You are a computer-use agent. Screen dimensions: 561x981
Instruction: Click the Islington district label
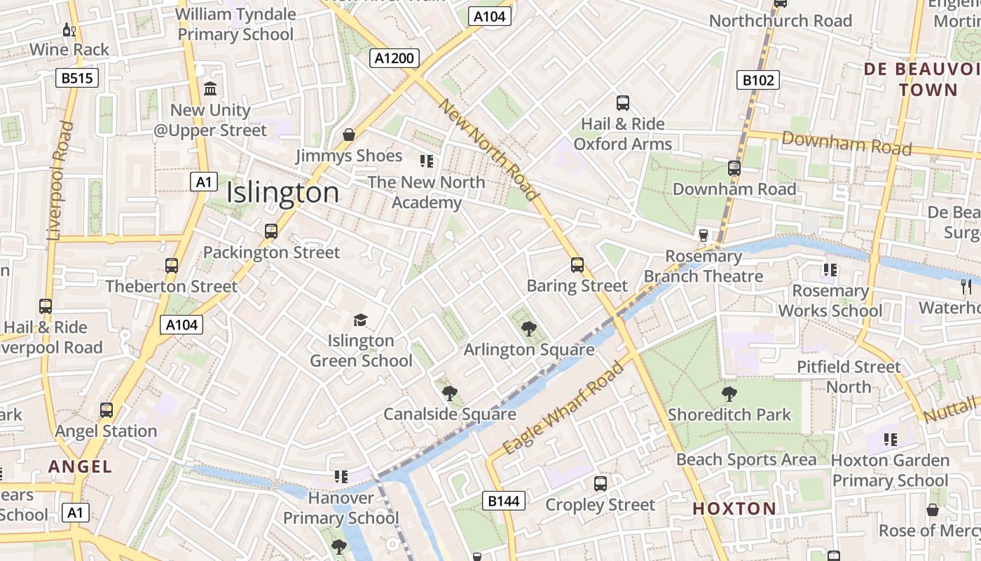[x=283, y=193]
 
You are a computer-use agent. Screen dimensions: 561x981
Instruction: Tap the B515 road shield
[x=76, y=78]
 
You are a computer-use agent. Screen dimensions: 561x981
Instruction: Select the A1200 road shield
[x=395, y=58]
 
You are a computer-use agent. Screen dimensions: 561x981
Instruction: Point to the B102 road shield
[x=758, y=80]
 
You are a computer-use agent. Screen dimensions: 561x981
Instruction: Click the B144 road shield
[x=503, y=501]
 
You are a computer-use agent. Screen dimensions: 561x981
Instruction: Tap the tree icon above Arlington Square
[x=529, y=328]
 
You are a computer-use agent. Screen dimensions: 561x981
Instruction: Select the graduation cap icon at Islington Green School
[x=360, y=320]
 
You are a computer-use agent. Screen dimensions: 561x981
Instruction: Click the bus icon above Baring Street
[x=577, y=265]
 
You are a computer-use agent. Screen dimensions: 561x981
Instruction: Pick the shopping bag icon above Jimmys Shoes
[x=348, y=135]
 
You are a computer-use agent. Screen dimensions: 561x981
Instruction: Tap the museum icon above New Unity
[x=210, y=89]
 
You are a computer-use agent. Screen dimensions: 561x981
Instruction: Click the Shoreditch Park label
[x=729, y=414]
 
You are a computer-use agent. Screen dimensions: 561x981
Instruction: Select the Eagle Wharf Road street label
[x=563, y=407]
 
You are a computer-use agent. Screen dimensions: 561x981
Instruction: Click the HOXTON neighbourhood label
[x=734, y=509]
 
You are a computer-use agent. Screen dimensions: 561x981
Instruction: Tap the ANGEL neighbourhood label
[x=80, y=466]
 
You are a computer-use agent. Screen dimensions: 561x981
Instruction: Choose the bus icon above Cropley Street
[x=601, y=484]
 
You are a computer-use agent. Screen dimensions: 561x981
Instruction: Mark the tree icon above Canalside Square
[x=449, y=393]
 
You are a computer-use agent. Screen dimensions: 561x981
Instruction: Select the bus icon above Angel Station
[x=107, y=410]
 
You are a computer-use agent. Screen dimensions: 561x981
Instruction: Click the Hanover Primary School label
[x=341, y=508]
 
